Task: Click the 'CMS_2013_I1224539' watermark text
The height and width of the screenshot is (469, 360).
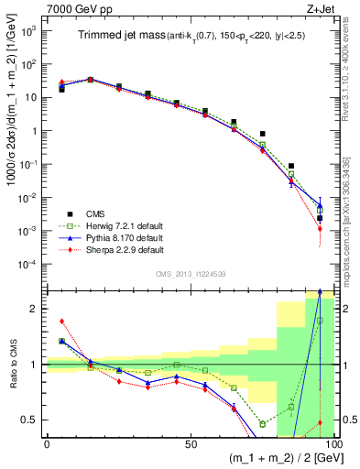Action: tap(191, 272)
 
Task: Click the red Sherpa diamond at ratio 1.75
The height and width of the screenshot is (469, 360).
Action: tap(61, 322)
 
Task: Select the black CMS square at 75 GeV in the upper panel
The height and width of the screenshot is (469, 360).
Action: tap(262, 134)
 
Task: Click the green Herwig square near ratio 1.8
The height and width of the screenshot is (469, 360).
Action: tap(320, 320)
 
